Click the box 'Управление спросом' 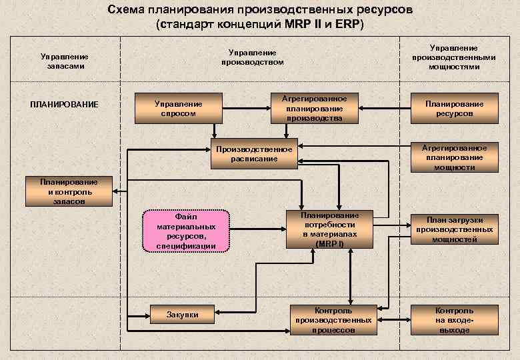click(178, 108)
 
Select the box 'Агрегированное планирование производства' click(314, 108)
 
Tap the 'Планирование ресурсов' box click(455, 108)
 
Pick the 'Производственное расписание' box click(254, 153)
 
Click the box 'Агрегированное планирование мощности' click(455, 157)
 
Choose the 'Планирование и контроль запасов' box click(69, 191)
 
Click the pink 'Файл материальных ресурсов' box click(186, 231)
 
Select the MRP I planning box click(329, 229)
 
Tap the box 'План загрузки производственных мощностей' click(455, 229)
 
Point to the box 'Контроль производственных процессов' click(333, 320)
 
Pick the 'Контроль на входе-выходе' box click(455, 320)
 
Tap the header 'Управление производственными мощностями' click(453, 57)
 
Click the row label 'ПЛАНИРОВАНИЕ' click(65, 104)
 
